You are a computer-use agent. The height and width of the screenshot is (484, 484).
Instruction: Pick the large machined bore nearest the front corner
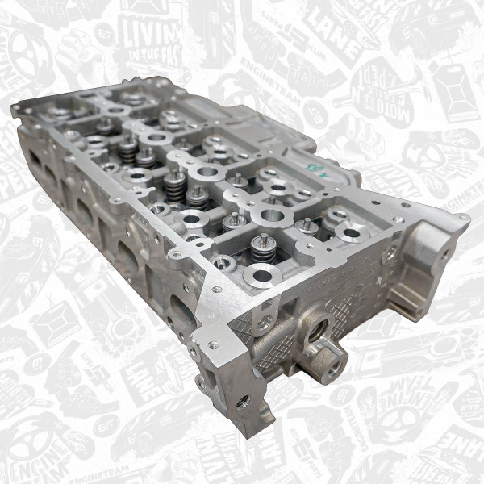[x=261, y=276]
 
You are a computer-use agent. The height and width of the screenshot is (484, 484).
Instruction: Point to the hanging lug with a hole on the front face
[x=262, y=323]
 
